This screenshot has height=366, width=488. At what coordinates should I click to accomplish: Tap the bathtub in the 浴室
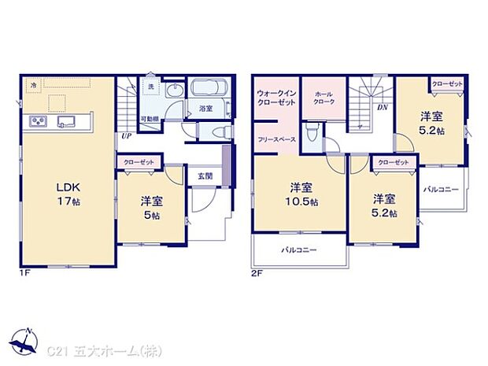tap(207, 88)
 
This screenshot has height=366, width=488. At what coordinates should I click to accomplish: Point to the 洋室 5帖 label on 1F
tap(152, 207)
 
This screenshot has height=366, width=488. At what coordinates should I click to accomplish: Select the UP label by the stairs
tap(126, 135)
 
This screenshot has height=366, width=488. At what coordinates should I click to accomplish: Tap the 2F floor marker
tap(256, 272)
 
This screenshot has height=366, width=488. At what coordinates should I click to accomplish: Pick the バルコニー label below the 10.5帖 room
tap(299, 250)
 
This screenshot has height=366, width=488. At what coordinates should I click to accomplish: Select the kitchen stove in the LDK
tap(39, 120)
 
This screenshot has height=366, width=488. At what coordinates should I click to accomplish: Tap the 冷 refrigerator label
tap(34, 83)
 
